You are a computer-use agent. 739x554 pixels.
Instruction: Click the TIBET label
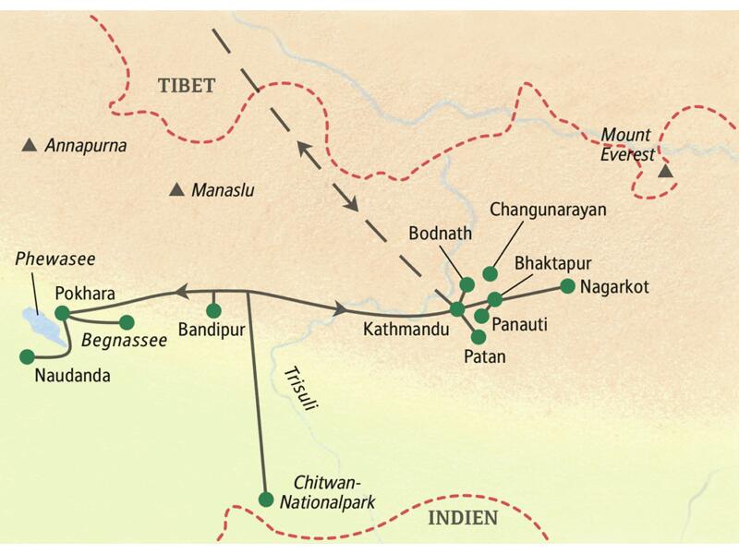186,86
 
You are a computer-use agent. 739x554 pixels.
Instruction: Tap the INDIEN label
463,518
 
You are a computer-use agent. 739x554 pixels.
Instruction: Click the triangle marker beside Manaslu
176,190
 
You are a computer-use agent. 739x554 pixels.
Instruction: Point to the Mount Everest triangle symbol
665,172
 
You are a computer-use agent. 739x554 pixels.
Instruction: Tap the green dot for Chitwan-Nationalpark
266,500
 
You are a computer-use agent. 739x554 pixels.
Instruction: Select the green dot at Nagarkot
567,285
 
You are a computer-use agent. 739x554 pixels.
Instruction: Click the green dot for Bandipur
214,309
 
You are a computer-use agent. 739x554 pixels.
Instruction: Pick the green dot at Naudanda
26,355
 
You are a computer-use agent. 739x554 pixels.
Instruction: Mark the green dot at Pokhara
62,313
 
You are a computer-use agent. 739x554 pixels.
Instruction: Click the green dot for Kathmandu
456,309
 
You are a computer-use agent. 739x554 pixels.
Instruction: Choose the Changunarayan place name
548,210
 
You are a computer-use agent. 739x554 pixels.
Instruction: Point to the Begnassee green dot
127,321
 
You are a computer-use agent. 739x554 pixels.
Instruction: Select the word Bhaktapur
552,262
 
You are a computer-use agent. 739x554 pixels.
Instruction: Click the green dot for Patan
478,337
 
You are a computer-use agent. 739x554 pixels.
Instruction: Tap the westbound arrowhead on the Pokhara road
180,293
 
